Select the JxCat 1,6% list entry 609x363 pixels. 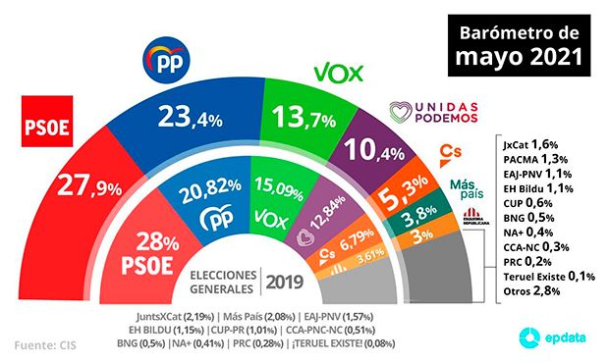[x=528, y=143]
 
